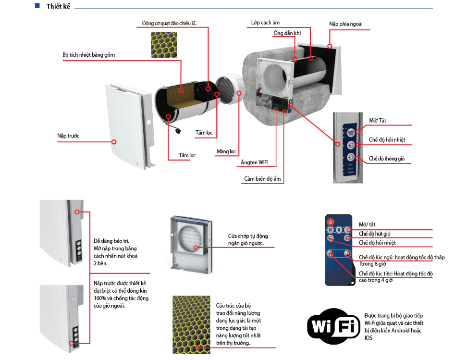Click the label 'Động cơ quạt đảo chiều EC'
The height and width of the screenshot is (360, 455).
coord(169,23)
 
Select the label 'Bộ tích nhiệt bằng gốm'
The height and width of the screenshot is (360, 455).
coord(88,55)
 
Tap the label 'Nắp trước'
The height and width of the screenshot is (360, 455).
coord(68,136)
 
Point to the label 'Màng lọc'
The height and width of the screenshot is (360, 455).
coord(226,151)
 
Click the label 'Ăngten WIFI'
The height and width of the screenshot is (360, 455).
coord(255,162)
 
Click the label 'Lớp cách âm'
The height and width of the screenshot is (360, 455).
coord(265,23)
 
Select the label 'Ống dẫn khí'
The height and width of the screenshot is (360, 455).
coord(287,33)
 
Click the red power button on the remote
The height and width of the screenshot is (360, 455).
coord(330,222)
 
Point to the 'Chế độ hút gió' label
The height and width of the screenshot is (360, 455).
coord(375,233)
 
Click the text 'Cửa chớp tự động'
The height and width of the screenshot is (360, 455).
coord(248,236)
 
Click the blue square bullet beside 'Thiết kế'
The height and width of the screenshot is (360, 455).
coord(37,6)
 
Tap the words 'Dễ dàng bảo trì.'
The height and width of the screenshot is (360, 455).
coord(111,241)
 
